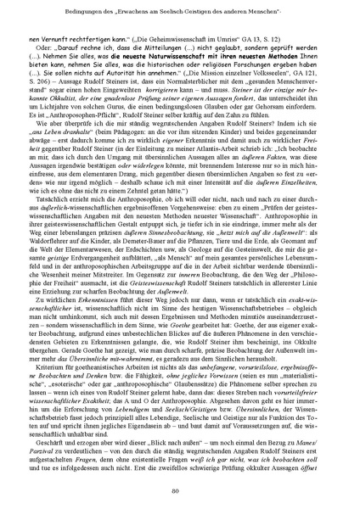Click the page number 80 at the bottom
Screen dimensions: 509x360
tap(180, 489)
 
